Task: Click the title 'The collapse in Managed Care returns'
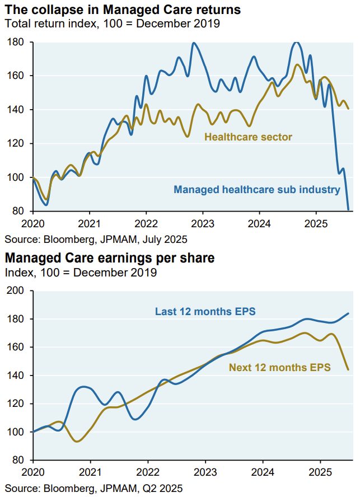[123, 10]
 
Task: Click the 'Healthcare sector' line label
[248, 137]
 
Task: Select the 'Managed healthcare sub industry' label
[257, 190]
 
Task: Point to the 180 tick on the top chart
[15, 42]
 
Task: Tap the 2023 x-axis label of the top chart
[203, 224]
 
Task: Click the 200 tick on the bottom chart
[15, 290]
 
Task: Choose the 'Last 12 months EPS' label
[205, 311]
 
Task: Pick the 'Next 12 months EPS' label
[280, 367]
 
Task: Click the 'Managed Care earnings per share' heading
[110, 258]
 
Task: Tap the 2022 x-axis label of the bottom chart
[148, 472]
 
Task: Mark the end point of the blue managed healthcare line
[349, 210]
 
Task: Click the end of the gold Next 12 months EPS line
[349, 369]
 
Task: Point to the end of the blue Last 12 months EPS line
[349, 313]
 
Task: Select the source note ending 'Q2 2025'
[94, 488]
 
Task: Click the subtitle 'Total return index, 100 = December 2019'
[113, 24]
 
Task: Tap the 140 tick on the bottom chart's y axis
[15, 376]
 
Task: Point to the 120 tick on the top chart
[15, 144]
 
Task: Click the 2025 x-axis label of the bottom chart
[320, 472]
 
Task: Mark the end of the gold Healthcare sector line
[349, 109]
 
